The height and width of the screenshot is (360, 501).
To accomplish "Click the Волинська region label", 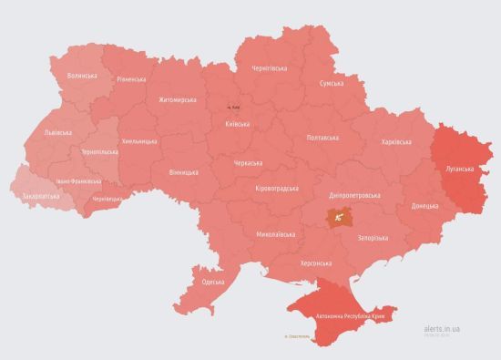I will pyautogui.click(x=82, y=75).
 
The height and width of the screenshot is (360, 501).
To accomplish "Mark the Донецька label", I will pyautogui.click(x=424, y=206).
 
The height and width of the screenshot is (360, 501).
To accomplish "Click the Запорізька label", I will pyautogui.click(x=372, y=238).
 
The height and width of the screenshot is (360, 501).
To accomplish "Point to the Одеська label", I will pyautogui.click(x=212, y=283).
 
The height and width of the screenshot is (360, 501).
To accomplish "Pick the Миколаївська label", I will pyautogui.click(x=276, y=234).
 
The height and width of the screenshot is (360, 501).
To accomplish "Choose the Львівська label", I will pyautogui.click(x=58, y=133).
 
